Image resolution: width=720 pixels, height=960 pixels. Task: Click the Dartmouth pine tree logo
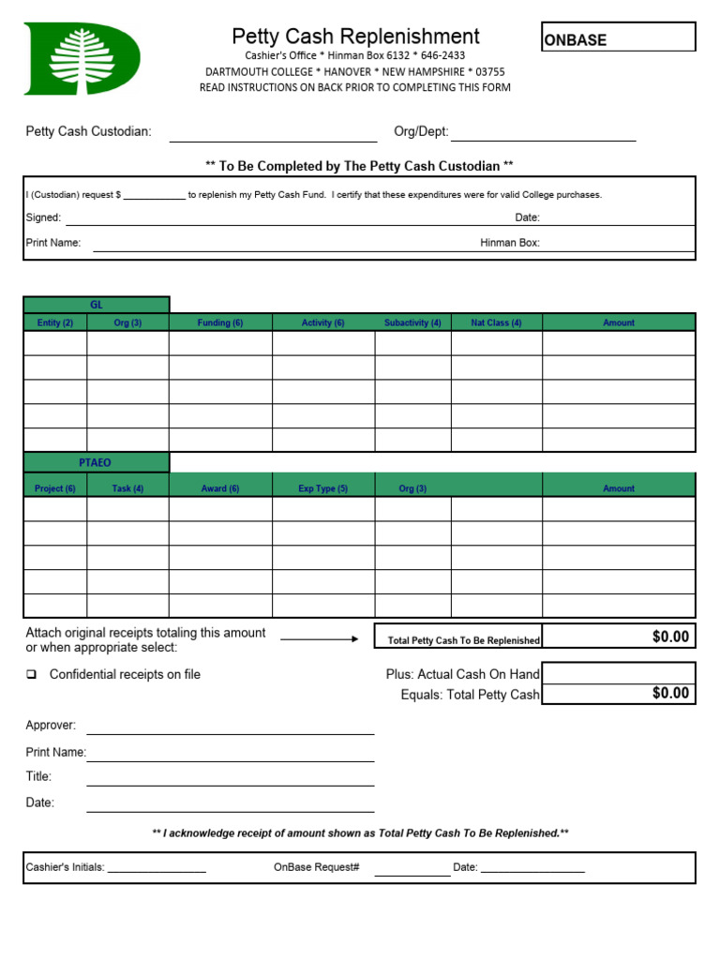pos(82,58)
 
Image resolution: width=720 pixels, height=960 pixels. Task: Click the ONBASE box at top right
pos(618,37)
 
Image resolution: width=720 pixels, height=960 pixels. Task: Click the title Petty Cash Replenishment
pos(355,37)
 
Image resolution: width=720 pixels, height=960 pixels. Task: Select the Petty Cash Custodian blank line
pos(273,135)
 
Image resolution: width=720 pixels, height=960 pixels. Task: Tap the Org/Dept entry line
pos(543,135)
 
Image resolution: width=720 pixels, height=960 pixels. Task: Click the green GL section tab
pos(97,305)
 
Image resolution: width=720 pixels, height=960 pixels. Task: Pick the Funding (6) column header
pos(220,322)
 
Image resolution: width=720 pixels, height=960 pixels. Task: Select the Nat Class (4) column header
pos(496,322)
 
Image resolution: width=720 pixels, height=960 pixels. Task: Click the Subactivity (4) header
pos(412,322)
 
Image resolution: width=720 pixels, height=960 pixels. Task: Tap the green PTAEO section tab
pos(96,462)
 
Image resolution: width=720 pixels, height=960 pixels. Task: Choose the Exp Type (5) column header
pos(322,488)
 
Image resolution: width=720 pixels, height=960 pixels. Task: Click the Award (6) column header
pos(220,488)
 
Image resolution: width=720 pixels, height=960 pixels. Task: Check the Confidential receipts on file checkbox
pos(31,675)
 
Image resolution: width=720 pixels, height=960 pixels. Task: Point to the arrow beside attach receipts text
pos(319,639)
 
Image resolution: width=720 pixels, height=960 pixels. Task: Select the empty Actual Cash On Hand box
pos(619,673)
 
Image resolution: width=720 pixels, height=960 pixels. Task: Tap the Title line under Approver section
pos(230,780)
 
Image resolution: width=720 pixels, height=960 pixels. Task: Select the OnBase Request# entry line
pos(412,869)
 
